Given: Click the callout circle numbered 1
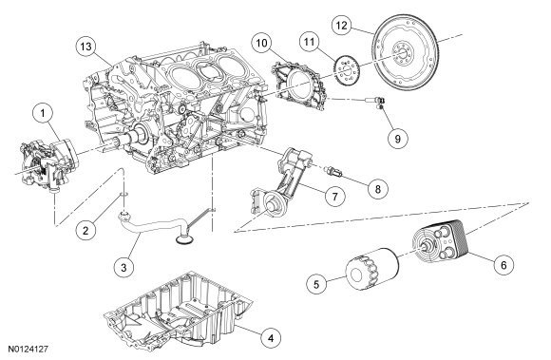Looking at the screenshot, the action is (43, 114).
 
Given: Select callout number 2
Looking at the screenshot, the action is (85, 231).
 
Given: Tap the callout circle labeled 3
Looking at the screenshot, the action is (123, 267).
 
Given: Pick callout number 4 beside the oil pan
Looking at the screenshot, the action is (271, 338).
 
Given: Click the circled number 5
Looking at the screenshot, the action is (316, 284).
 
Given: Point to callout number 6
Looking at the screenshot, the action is (503, 265).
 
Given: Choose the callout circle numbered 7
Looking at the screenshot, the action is (334, 197).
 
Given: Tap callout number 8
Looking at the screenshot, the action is (378, 189).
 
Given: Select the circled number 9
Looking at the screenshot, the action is (398, 139).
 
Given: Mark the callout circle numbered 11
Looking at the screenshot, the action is (310, 42).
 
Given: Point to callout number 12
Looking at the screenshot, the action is (342, 25).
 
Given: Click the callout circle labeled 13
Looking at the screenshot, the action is (86, 47).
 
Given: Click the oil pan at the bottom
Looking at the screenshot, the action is (179, 310).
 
